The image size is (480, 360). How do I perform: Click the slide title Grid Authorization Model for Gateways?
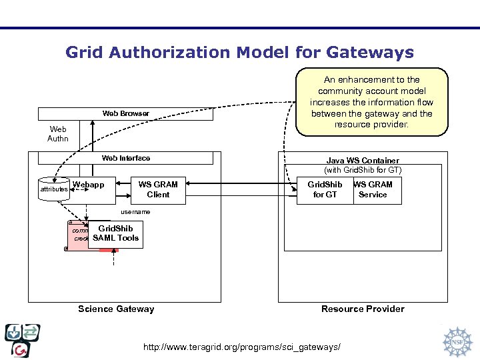click(x=239, y=52)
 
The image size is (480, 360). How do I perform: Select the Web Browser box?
click(x=125, y=114)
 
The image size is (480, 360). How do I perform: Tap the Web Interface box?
click(x=125, y=159)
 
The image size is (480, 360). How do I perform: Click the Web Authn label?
click(x=57, y=134)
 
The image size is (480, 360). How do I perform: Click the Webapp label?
click(x=88, y=185)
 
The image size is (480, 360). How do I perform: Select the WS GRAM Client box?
click(x=158, y=189)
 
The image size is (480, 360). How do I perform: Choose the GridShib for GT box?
click(x=325, y=189)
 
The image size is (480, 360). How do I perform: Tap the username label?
click(x=135, y=212)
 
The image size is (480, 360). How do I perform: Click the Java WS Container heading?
click(x=363, y=161)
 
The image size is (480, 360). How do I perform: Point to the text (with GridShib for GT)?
click(x=363, y=171)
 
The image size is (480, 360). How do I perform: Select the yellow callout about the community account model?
click(x=371, y=102)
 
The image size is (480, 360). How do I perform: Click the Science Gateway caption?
click(x=116, y=309)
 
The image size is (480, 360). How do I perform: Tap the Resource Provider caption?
click(x=363, y=309)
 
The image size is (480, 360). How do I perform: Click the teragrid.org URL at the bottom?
click(x=243, y=347)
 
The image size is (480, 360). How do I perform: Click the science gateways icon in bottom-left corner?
click(x=22, y=340)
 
